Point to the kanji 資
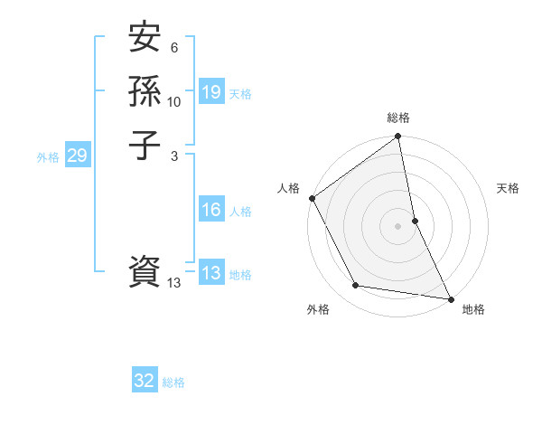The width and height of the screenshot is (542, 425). (x=145, y=272)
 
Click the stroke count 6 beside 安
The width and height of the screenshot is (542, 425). (x=175, y=48)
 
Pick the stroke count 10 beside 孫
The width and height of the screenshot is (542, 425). (x=174, y=101)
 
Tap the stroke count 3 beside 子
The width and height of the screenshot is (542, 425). (x=175, y=155)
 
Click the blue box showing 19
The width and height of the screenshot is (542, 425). (x=211, y=92)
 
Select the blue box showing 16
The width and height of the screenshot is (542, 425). (x=211, y=210)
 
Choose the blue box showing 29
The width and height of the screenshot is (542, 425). (x=77, y=156)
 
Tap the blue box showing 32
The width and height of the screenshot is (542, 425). (x=145, y=382)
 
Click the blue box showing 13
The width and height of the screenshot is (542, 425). (x=211, y=273)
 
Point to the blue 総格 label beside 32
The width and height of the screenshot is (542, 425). (x=173, y=382)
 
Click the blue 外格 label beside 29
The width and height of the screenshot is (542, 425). (x=48, y=156)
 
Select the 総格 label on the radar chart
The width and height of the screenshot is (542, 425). (x=398, y=118)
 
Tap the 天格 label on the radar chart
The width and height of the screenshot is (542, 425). (x=508, y=188)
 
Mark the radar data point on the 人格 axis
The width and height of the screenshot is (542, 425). (x=312, y=198)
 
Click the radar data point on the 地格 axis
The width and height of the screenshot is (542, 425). (x=451, y=298)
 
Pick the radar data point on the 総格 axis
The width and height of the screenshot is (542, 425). (x=398, y=137)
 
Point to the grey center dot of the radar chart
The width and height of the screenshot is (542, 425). (x=398, y=226)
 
